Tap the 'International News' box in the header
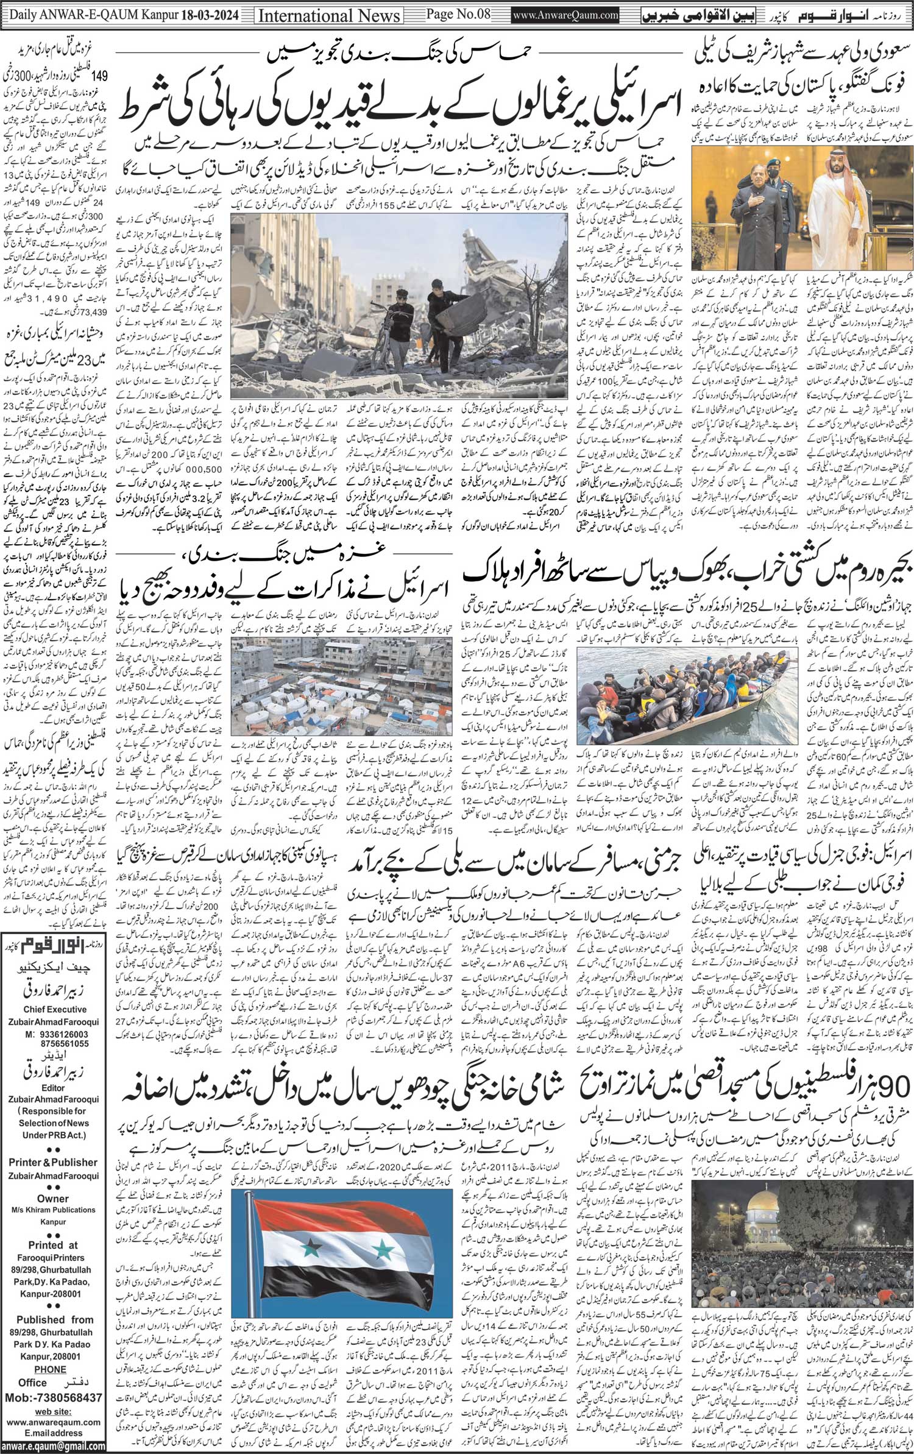pyautogui.click(x=321, y=15)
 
